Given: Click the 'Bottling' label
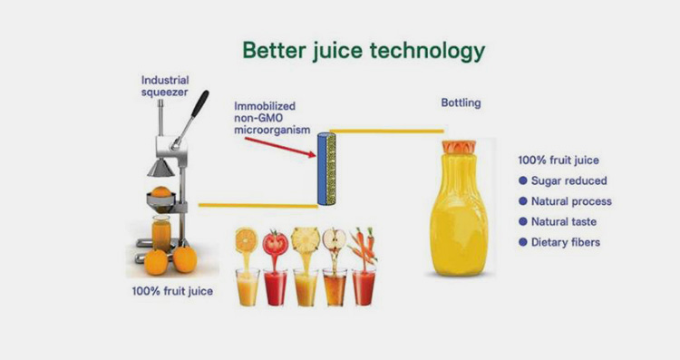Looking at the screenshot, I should pyautogui.click(x=461, y=103).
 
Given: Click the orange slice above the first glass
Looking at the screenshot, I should pyautogui.click(x=246, y=240).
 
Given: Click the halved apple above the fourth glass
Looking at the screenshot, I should pyautogui.click(x=335, y=240).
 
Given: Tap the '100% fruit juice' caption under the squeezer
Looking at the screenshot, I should pyautogui.click(x=172, y=292).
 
